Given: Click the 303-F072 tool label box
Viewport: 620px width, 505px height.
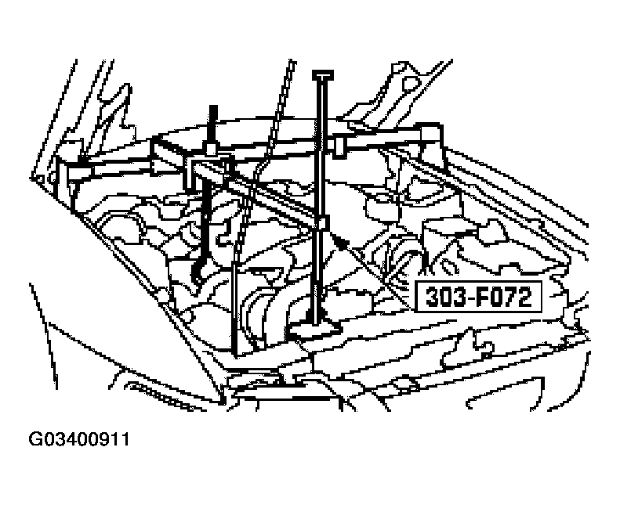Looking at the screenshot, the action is [x=478, y=297].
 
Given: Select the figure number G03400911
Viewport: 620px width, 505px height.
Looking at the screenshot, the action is [x=78, y=439].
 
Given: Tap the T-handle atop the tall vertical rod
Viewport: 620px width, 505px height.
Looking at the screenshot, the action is [x=323, y=74].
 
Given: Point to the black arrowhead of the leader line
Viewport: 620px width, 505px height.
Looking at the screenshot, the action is [x=341, y=240].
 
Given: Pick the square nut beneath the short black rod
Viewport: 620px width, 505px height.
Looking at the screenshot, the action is [x=211, y=149].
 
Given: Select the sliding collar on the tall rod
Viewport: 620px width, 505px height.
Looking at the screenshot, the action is [x=323, y=223].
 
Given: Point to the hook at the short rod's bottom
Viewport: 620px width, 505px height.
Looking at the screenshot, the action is [x=197, y=272].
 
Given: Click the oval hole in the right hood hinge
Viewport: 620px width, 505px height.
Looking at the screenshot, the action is [x=412, y=83].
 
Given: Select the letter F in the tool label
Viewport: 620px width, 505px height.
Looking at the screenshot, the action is [x=481, y=297].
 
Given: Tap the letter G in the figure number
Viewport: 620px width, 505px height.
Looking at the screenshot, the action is [x=34, y=439].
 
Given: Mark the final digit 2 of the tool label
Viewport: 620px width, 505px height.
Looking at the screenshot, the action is [x=524, y=297].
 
